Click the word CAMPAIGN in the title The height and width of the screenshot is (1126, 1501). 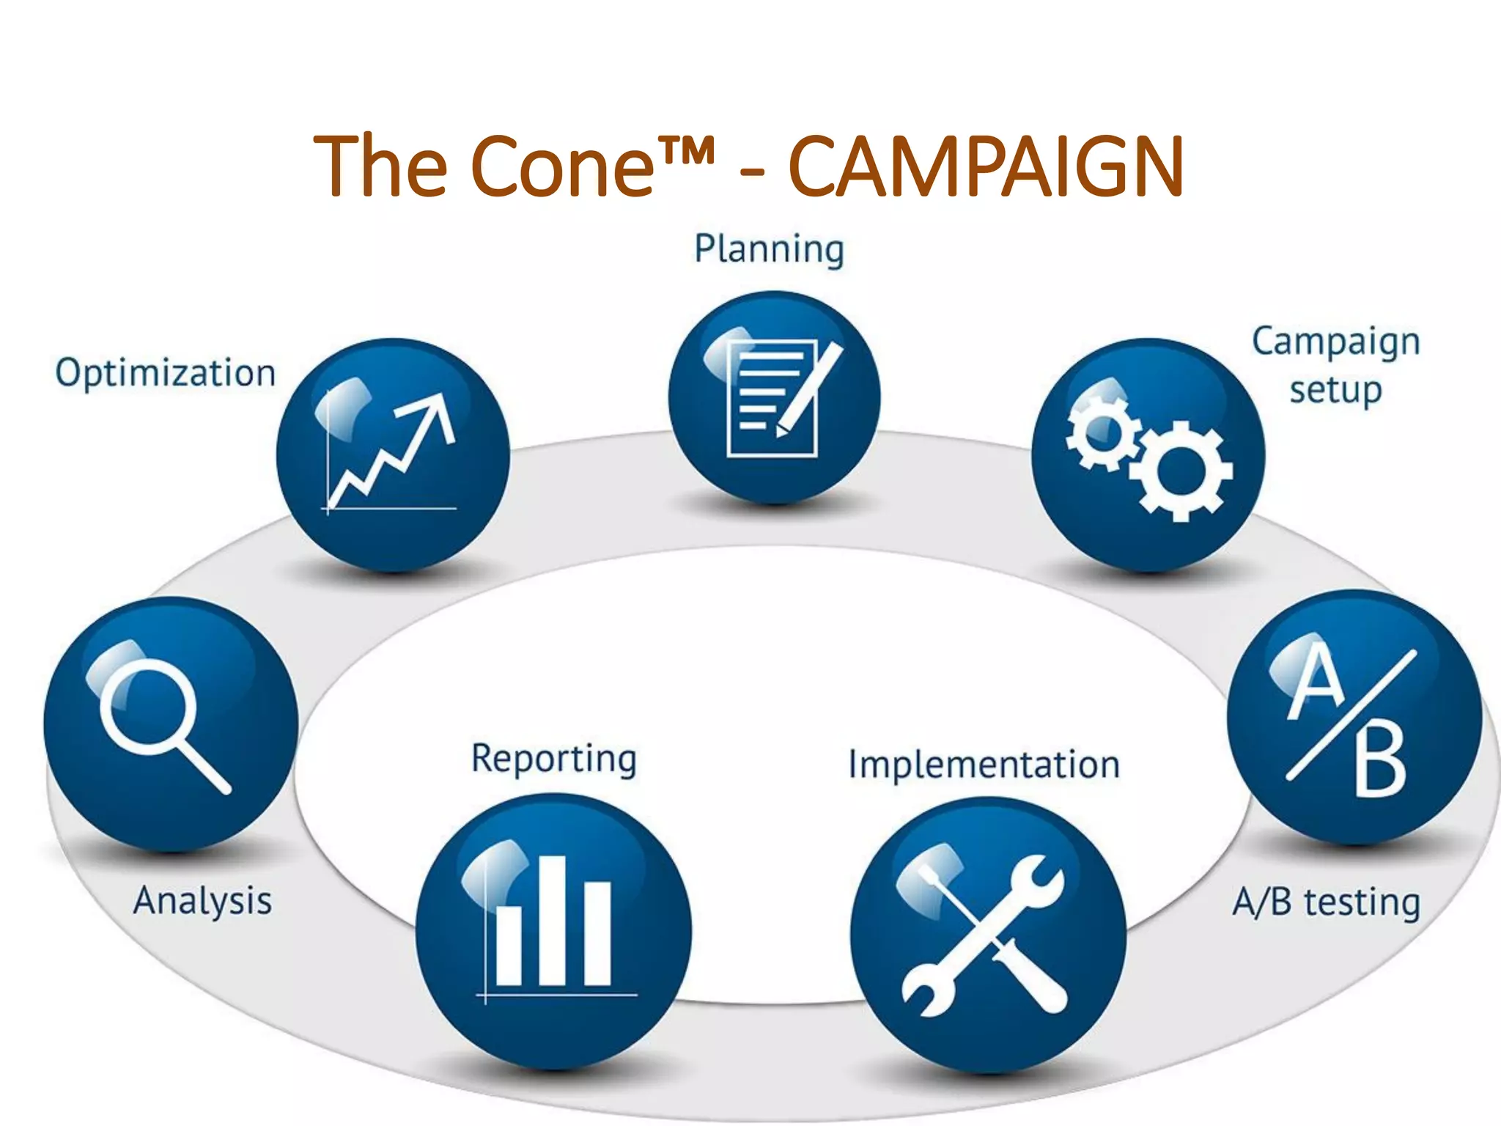986,167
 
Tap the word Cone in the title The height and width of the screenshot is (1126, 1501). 561,167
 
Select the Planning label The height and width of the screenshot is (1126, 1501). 769,249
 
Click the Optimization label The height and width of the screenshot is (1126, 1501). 166,373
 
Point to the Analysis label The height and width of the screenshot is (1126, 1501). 202,901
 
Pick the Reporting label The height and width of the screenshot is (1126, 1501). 554,759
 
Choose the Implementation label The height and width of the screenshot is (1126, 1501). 984,765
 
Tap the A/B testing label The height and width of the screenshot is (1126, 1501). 1326,902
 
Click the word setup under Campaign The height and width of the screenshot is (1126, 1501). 1335,390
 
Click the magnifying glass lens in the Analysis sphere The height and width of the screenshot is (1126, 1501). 149,706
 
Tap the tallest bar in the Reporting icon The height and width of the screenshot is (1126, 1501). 553,920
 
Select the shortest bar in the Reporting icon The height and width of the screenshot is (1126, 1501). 509,946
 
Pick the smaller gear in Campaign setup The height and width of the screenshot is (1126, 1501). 1099,432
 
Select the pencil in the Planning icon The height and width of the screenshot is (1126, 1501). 811,389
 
